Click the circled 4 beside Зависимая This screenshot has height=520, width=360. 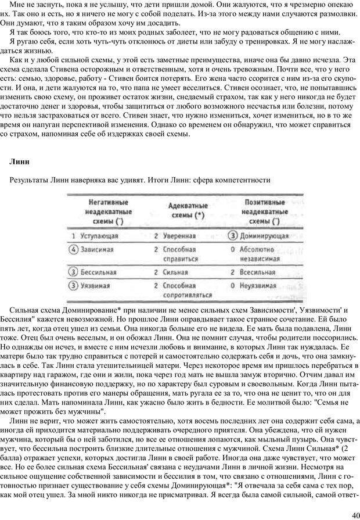pos(73,250)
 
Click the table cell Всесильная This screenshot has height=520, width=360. pos(261,271)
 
